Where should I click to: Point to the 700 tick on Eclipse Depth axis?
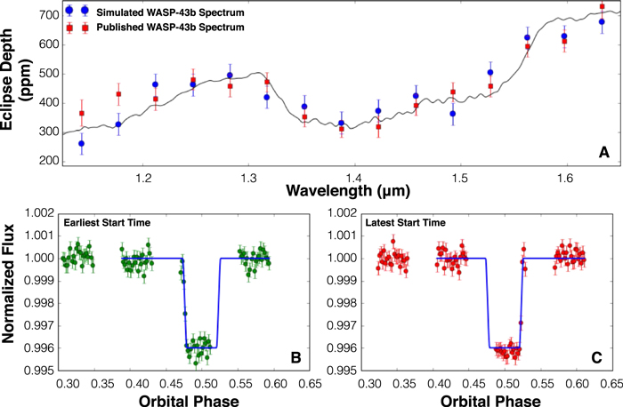point(49,15)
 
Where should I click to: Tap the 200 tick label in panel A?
point(49,161)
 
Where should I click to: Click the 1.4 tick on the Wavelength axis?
point(354,178)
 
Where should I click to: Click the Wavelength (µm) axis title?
point(348,191)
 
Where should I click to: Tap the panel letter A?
point(604,152)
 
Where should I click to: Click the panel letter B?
point(296,358)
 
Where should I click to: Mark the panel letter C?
point(597,358)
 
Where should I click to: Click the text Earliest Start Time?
point(107,223)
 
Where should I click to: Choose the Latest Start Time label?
point(405,223)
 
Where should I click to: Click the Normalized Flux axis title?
point(7,283)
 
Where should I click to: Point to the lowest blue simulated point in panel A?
point(82,143)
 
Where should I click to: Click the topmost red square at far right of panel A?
point(602,6)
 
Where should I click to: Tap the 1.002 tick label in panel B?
point(39,213)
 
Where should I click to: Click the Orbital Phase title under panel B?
point(189,400)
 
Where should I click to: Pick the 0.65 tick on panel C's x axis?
point(614,384)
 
